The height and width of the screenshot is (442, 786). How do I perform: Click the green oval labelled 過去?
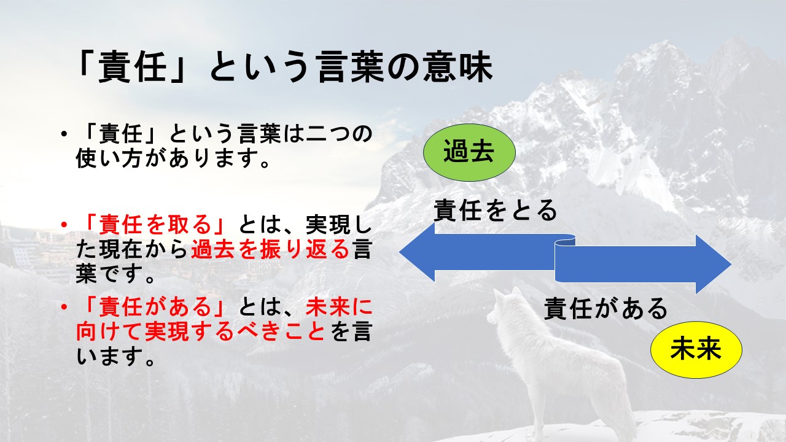pos(469,152)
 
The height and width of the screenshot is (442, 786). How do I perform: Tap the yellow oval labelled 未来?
pos(696,349)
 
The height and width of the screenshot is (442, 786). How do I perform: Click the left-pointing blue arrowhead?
pos(417,252)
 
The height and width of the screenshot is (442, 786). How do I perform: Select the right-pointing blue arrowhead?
pos(714,265)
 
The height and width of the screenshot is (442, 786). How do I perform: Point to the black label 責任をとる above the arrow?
pos(495,210)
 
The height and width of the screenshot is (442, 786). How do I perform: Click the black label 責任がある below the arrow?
pos(605,308)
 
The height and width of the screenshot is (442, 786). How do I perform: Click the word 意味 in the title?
pos(457,67)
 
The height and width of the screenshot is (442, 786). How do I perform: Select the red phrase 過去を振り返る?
pos(270,249)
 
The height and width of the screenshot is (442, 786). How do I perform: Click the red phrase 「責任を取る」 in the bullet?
pos(156,225)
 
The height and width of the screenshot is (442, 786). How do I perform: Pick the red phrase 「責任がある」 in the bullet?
pos(156,307)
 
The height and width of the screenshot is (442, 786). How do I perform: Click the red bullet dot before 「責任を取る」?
pos(63,225)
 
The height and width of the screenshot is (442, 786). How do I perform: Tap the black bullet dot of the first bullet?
pos(63,134)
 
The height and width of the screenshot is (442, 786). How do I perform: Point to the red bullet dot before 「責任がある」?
pos(63,308)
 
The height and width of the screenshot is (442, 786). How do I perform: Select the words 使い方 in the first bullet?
pos(110,158)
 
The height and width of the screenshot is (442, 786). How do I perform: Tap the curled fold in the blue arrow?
pos(564,242)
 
